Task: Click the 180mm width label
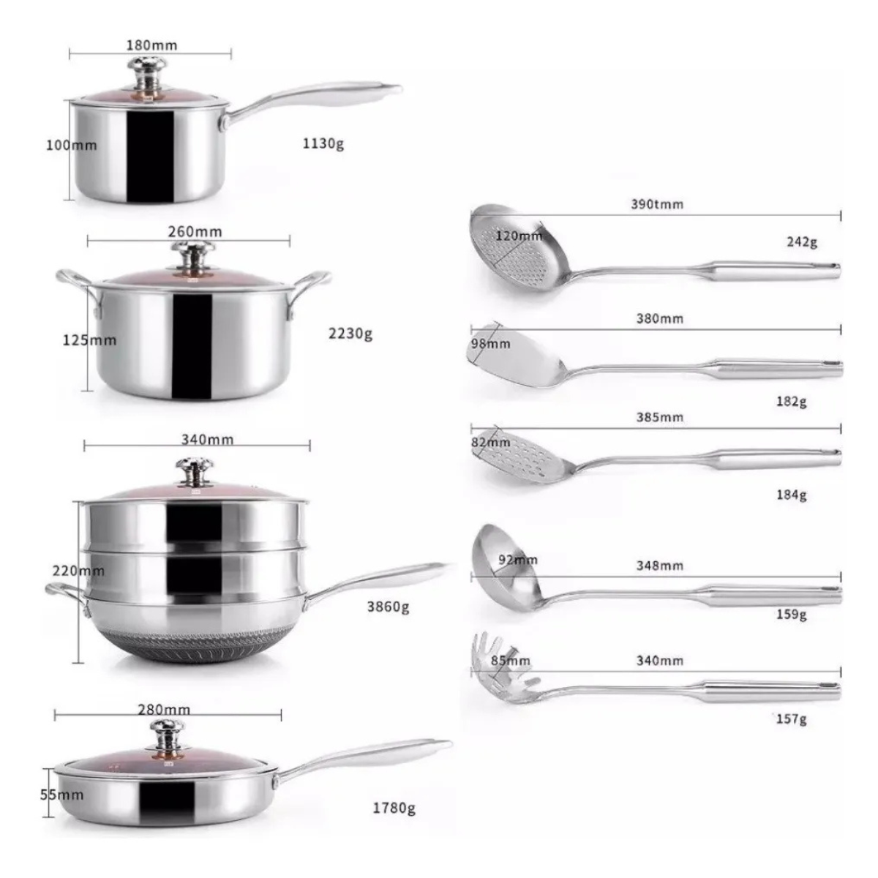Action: pos(151,45)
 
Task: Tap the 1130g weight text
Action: pos(323,144)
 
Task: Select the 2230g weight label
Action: pos(350,334)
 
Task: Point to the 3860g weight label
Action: pos(389,607)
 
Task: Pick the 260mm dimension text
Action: pos(195,231)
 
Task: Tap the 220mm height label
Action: pos(78,571)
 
